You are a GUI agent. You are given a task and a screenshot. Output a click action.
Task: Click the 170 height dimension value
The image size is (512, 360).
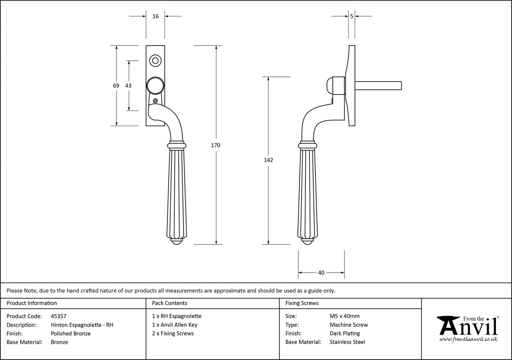pyautogui.click(x=216, y=145)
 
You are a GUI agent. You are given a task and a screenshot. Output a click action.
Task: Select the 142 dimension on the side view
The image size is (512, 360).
pyautogui.click(x=268, y=160)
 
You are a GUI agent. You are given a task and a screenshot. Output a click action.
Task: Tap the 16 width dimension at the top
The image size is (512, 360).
pyautogui.click(x=155, y=16)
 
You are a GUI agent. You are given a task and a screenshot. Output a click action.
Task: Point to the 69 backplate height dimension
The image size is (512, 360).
pyautogui.click(x=116, y=86)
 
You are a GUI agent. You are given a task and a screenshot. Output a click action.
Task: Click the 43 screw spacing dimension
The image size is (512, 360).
pyautogui.click(x=128, y=86)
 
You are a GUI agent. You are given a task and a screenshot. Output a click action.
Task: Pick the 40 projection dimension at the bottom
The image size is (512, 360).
pyautogui.click(x=321, y=273)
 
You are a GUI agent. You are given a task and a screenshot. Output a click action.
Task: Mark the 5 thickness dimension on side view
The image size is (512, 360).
pyautogui.click(x=351, y=16)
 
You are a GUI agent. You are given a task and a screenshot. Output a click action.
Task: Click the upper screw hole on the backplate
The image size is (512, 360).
pyautogui.click(x=155, y=61)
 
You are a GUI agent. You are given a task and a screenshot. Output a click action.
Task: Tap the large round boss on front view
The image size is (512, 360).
pyautogui.click(x=155, y=86)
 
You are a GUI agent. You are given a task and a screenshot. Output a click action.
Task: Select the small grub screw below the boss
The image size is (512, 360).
pyautogui.click(x=156, y=101)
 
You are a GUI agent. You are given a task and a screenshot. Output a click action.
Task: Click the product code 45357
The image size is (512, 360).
pyautogui.click(x=58, y=316)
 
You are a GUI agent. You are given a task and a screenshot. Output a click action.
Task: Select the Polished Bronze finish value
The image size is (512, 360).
pyautogui.click(x=70, y=333)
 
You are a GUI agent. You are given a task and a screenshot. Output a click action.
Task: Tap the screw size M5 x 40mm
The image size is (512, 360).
pyautogui.click(x=345, y=316)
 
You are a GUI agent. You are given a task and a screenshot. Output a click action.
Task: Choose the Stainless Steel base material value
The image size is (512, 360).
pyautogui.click(x=347, y=342)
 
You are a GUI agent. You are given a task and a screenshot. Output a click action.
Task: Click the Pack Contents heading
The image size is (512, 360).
pyautogui.click(x=170, y=303)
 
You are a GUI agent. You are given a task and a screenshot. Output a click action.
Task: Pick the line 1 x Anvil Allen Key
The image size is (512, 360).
pyautogui.click(x=175, y=325)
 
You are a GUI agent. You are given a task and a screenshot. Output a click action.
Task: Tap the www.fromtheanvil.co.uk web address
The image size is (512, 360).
pyautogui.click(x=468, y=339)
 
